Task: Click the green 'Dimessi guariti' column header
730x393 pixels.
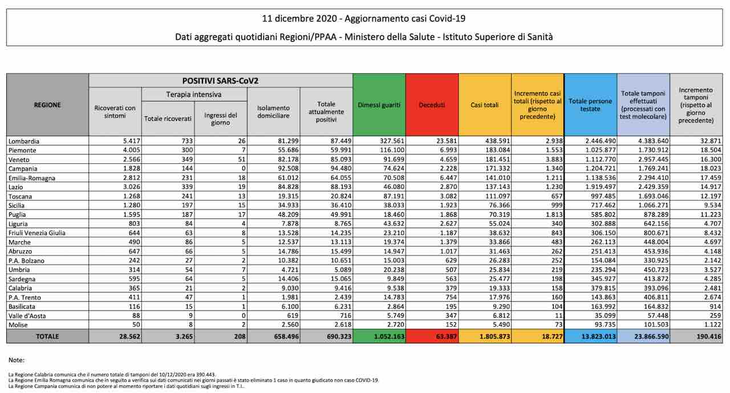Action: coord(379,105)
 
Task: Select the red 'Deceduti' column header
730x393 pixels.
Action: coord(432,105)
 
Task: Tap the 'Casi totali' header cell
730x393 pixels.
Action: coord(484,105)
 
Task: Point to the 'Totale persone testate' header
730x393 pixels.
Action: coord(590,105)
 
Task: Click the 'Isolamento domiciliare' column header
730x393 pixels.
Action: coord(273,111)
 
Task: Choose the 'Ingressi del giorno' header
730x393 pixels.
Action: coord(221,119)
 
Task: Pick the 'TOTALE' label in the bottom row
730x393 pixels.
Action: coord(47,337)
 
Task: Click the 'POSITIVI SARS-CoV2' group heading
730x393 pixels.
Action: coord(220,81)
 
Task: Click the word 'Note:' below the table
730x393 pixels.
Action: coord(16,360)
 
